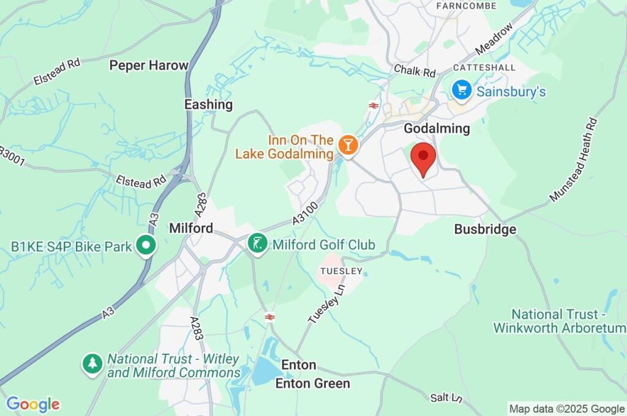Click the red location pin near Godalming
tap(422, 157)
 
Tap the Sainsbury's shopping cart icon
tap(461, 91)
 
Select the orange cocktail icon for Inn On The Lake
tap(348, 145)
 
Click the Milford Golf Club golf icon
tap(258, 244)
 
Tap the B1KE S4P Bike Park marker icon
tap(146, 247)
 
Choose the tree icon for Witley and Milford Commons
tap(92, 364)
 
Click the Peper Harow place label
tap(148, 65)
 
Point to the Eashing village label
tap(209, 105)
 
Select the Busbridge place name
tap(485, 229)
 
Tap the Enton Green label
tap(313, 384)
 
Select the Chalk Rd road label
tap(415, 71)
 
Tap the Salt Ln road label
tap(446, 398)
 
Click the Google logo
tap(32, 404)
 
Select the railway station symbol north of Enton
tap(269, 316)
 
